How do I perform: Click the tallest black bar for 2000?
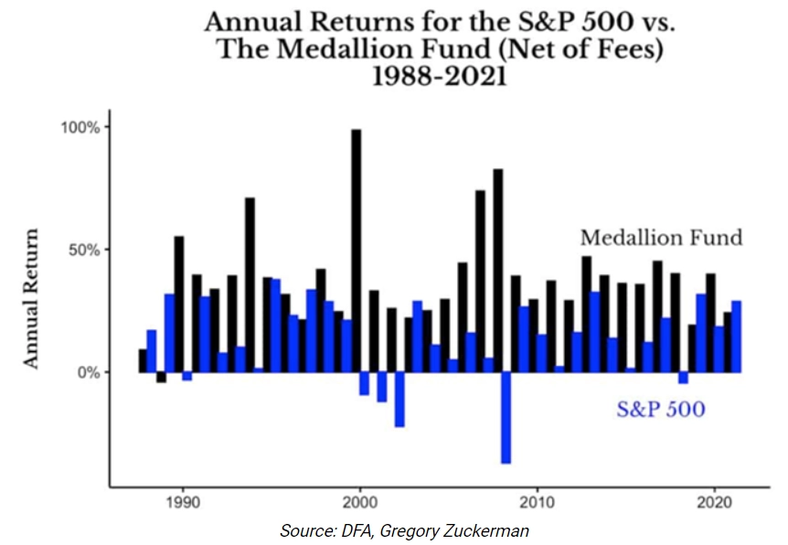[x=357, y=247]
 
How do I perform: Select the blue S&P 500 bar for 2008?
[x=506, y=417]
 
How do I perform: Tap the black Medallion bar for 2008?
[x=497, y=270]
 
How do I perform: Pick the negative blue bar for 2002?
[x=399, y=400]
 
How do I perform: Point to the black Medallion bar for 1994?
[x=250, y=283]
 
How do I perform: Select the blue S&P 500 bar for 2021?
[x=736, y=337]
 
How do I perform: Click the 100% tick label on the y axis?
[x=80, y=126]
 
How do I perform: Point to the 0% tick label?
[x=88, y=372]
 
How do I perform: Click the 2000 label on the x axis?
[x=359, y=502]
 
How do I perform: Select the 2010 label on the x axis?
[x=537, y=502]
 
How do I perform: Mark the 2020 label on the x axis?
[x=713, y=502]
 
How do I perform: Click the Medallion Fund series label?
[x=661, y=238]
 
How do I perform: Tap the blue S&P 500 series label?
[x=660, y=409]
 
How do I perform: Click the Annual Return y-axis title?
[x=32, y=298]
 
